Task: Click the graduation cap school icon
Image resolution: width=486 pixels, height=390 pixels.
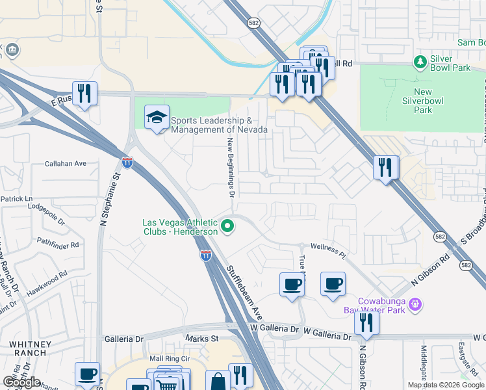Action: tap(157, 118)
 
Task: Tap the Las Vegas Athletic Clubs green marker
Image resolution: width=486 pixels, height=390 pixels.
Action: tap(227, 227)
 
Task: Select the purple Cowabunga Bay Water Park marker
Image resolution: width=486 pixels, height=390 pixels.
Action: tap(416, 304)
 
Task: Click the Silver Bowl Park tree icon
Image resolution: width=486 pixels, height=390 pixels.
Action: tap(420, 62)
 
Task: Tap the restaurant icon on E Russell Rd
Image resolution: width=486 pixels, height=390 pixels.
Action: tap(84, 93)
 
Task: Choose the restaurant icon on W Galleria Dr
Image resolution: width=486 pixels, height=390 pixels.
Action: tap(366, 323)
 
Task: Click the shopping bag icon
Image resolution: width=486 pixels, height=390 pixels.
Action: tap(218, 381)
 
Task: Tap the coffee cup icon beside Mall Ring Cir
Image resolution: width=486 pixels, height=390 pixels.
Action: tap(87, 374)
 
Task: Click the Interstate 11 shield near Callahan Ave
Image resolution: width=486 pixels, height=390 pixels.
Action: tap(127, 162)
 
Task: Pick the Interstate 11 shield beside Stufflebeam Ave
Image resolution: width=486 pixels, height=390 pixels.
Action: tap(205, 255)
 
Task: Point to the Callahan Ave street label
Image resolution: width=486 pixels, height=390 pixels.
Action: tap(66, 164)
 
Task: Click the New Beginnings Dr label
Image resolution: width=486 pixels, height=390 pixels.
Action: tap(230, 167)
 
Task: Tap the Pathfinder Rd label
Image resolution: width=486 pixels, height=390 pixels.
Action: tap(58, 245)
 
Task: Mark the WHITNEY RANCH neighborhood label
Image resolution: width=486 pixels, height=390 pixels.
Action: tap(27, 348)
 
